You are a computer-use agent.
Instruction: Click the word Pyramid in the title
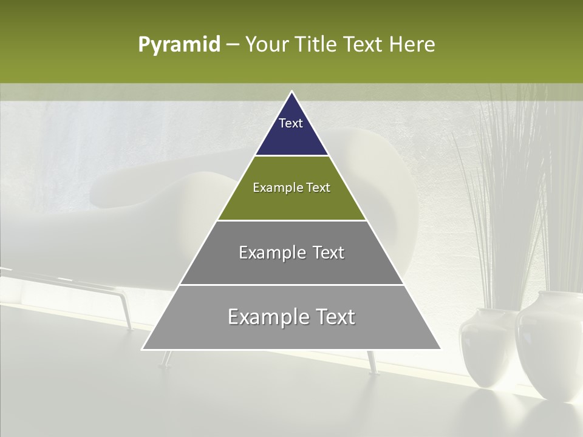[179, 45]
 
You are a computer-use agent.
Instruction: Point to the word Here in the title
[412, 45]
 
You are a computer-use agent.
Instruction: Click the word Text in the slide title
[363, 45]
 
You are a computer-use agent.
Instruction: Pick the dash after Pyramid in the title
[232, 45]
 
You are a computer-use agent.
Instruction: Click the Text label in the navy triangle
[291, 123]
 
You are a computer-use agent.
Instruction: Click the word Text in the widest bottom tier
[335, 317]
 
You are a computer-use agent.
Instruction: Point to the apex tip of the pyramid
[291, 92]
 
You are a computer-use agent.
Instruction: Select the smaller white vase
[486, 349]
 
